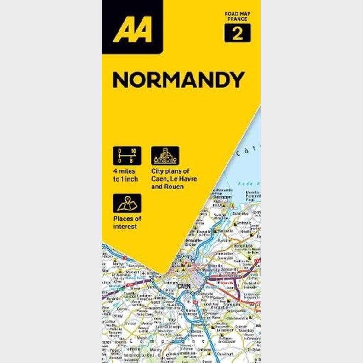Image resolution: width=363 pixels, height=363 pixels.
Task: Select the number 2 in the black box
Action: tap(237, 33)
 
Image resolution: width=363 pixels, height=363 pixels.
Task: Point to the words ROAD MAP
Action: tap(237, 14)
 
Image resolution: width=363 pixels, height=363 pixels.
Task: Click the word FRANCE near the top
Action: tap(237, 20)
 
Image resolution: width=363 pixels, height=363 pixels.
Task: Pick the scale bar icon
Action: tap(127, 156)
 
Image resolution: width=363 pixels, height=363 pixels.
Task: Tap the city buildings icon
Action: tap(165, 156)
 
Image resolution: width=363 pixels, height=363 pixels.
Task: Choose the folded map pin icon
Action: tap(127, 203)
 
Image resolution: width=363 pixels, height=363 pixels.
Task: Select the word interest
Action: tap(125, 227)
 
